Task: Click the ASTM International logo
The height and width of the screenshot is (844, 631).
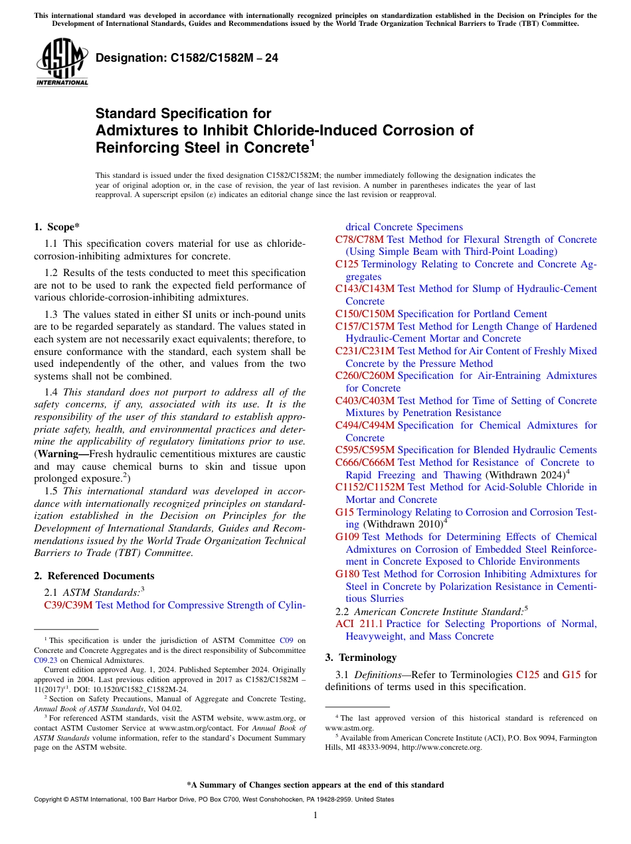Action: pos(61,62)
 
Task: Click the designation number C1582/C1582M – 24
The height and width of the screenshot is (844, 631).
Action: pos(187,58)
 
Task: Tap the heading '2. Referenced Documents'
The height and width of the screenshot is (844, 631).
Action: pos(94,576)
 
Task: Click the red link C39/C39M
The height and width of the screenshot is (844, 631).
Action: pos(68,605)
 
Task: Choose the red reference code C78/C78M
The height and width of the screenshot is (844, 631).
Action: pos(359,240)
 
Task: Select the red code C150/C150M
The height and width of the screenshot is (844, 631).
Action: pos(365,314)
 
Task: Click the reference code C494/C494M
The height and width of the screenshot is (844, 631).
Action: pos(365,425)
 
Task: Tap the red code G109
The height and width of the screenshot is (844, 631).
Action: pos(347,537)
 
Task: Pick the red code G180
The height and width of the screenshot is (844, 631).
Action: pos(347,574)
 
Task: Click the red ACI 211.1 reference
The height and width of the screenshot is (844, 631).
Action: pos(359,624)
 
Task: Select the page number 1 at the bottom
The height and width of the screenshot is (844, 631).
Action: pos(315,815)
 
